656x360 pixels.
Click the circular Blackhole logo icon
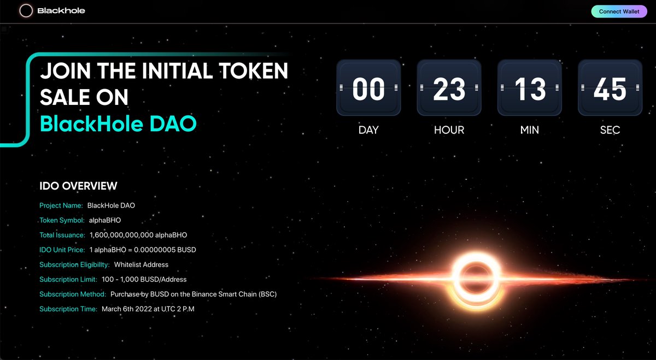click(26, 11)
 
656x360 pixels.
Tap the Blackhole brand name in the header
click(61, 11)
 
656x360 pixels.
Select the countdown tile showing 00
click(368, 88)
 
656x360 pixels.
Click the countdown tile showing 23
click(449, 88)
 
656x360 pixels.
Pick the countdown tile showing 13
click(530, 88)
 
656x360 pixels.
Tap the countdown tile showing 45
click(610, 88)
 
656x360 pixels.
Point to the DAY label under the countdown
click(368, 130)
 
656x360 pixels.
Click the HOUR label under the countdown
click(449, 130)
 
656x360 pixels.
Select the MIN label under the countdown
click(530, 130)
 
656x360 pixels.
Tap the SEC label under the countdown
click(610, 130)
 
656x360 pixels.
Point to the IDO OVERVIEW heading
click(78, 186)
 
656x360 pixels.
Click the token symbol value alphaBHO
click(105, 221)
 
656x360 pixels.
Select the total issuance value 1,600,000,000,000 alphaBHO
click(138, 235)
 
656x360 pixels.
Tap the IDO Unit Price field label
click(62, 250)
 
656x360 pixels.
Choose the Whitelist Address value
click(141, 264)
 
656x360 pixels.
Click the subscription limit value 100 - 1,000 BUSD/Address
click(144, 279)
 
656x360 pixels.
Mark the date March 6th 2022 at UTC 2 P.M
click(148, 309)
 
